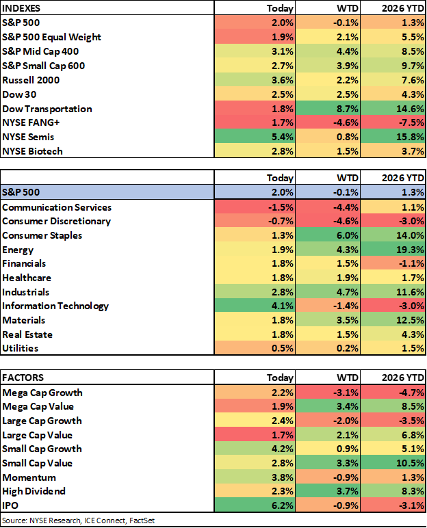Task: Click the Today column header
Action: pos(279,178)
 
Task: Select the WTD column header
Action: pos(346,178)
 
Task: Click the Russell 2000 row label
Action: pos(31,80)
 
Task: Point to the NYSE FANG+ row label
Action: pos(31,122)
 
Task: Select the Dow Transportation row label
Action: pos(47,109)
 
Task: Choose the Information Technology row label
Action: pos(55,306)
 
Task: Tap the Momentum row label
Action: pos(29,477)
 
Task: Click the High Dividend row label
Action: pos(34,491)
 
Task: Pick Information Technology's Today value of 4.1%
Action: pos(282,306)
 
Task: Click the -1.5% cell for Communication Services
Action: pos(280,207)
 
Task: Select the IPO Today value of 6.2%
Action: pos(282,505)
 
